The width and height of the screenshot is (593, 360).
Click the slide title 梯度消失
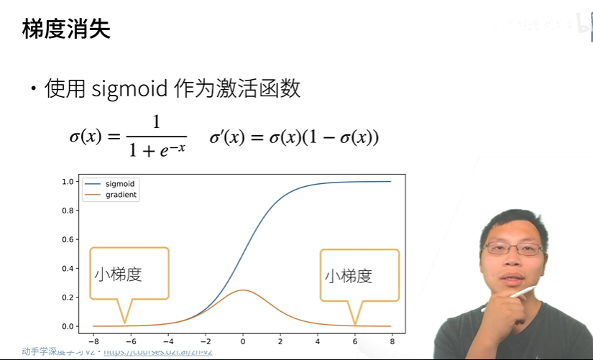coord(66,29)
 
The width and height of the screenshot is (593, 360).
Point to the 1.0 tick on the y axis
coord(68,182)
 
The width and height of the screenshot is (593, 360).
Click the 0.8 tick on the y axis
coord(68,211)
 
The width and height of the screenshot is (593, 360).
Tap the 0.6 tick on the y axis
coord(68,239)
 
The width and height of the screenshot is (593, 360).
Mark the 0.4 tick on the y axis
coord(68,269)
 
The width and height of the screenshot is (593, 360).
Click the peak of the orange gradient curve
coord(243,290)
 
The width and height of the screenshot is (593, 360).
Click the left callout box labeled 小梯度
coord(129,274)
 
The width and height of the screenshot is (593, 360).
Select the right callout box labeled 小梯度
coord(359,275)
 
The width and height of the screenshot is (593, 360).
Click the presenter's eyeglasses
coord(512,249)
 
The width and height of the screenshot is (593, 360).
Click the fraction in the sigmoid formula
coord(156,136)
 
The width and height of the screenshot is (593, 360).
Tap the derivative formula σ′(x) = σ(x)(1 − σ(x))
coord(294,137)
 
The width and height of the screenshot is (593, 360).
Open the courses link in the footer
coord(157,352)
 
